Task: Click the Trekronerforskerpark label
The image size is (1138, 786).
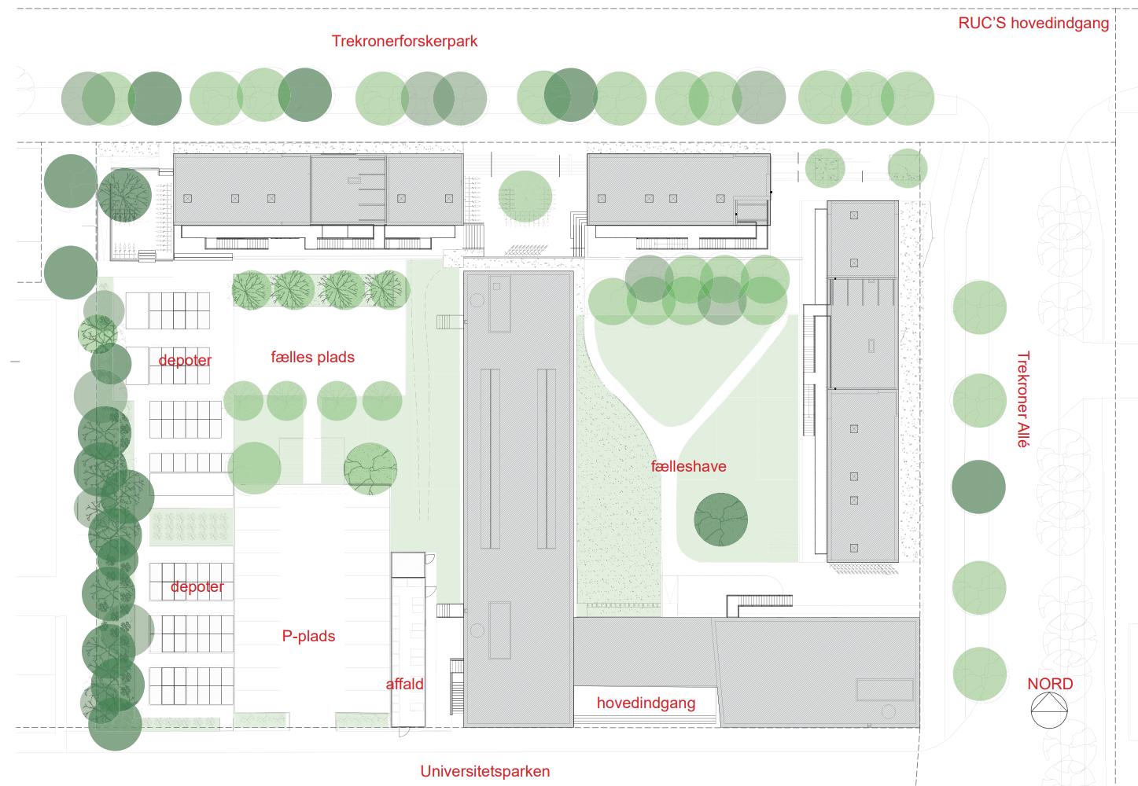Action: pos(404,41)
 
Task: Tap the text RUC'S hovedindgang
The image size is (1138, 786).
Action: pos(1033,23)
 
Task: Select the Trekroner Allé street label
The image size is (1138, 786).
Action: pos(1022,399)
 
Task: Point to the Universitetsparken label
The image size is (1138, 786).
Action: pos(484,770)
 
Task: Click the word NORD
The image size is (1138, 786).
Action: pos(1049,684)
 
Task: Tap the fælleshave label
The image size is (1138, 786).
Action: pos(688,466)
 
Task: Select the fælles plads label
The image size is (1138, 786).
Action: pos(312,357)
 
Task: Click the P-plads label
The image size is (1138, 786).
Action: pos(308,635)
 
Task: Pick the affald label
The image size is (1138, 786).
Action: pos(404,684)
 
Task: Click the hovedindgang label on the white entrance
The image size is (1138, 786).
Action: pos(646,703)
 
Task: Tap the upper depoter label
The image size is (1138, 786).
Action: pos(185,361)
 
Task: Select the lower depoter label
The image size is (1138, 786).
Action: pos(197,587)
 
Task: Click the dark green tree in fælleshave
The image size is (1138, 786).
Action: pos(720,520)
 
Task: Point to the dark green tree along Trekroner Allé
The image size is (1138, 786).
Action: pos(978,487)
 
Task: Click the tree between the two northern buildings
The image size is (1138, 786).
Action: pos(525,196)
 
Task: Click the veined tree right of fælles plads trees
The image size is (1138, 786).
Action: pos(370,468)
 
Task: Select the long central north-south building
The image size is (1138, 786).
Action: pos(518,495)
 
